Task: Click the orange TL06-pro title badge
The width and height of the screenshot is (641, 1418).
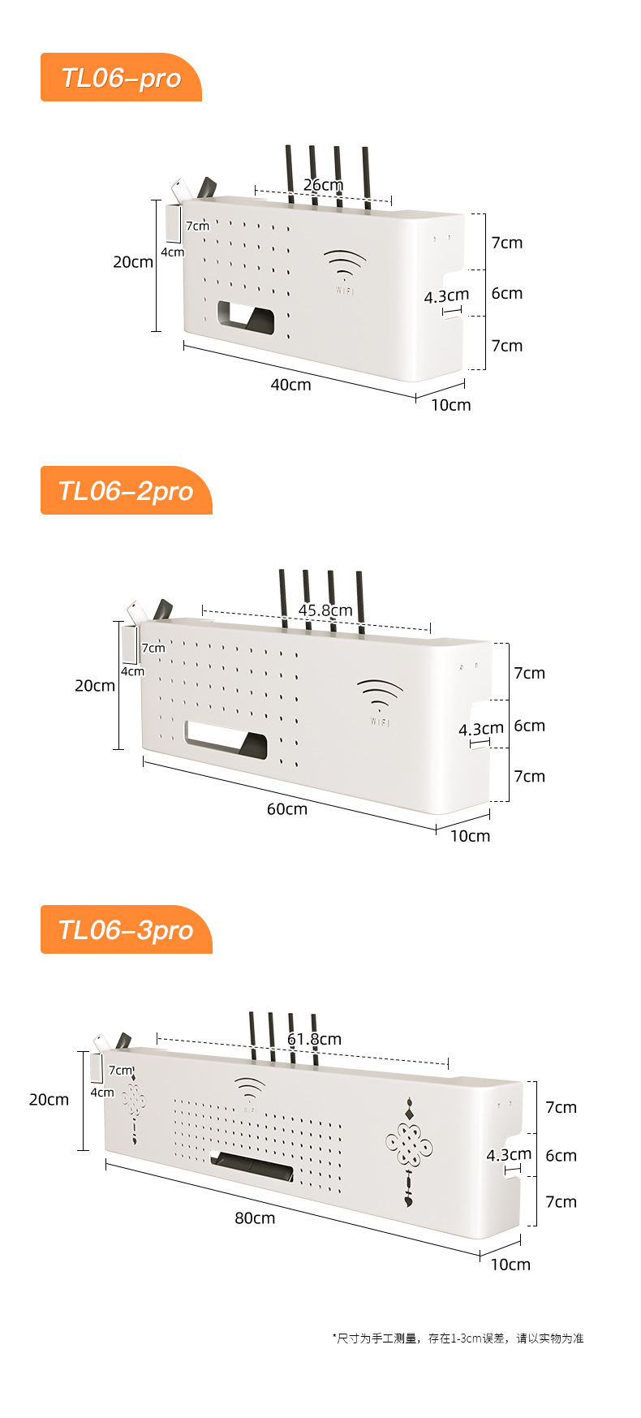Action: [121, 78]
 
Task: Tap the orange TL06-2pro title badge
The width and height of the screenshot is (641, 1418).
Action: [126, 490]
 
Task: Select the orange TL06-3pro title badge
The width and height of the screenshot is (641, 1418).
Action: [126, 929]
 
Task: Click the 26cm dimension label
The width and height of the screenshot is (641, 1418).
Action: [323, 185]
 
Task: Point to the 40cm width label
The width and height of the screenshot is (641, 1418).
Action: [290, 385]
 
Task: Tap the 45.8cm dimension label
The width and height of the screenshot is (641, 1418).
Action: [325, 610]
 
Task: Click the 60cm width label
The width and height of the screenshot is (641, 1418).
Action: [287, 809]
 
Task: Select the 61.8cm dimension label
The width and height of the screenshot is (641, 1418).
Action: [314, 1039]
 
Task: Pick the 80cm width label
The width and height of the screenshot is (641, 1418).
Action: [255, 1218]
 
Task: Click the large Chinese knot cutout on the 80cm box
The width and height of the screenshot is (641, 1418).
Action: [409, 1144]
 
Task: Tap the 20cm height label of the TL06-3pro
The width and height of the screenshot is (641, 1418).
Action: [49, 1100]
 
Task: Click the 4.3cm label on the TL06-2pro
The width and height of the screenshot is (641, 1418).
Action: [480, 730]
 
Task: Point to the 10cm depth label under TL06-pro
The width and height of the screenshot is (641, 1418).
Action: [450, 405]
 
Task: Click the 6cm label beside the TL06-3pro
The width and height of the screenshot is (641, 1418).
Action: [561, 1155]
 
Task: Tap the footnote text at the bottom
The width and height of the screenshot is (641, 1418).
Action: [458, 1338]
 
